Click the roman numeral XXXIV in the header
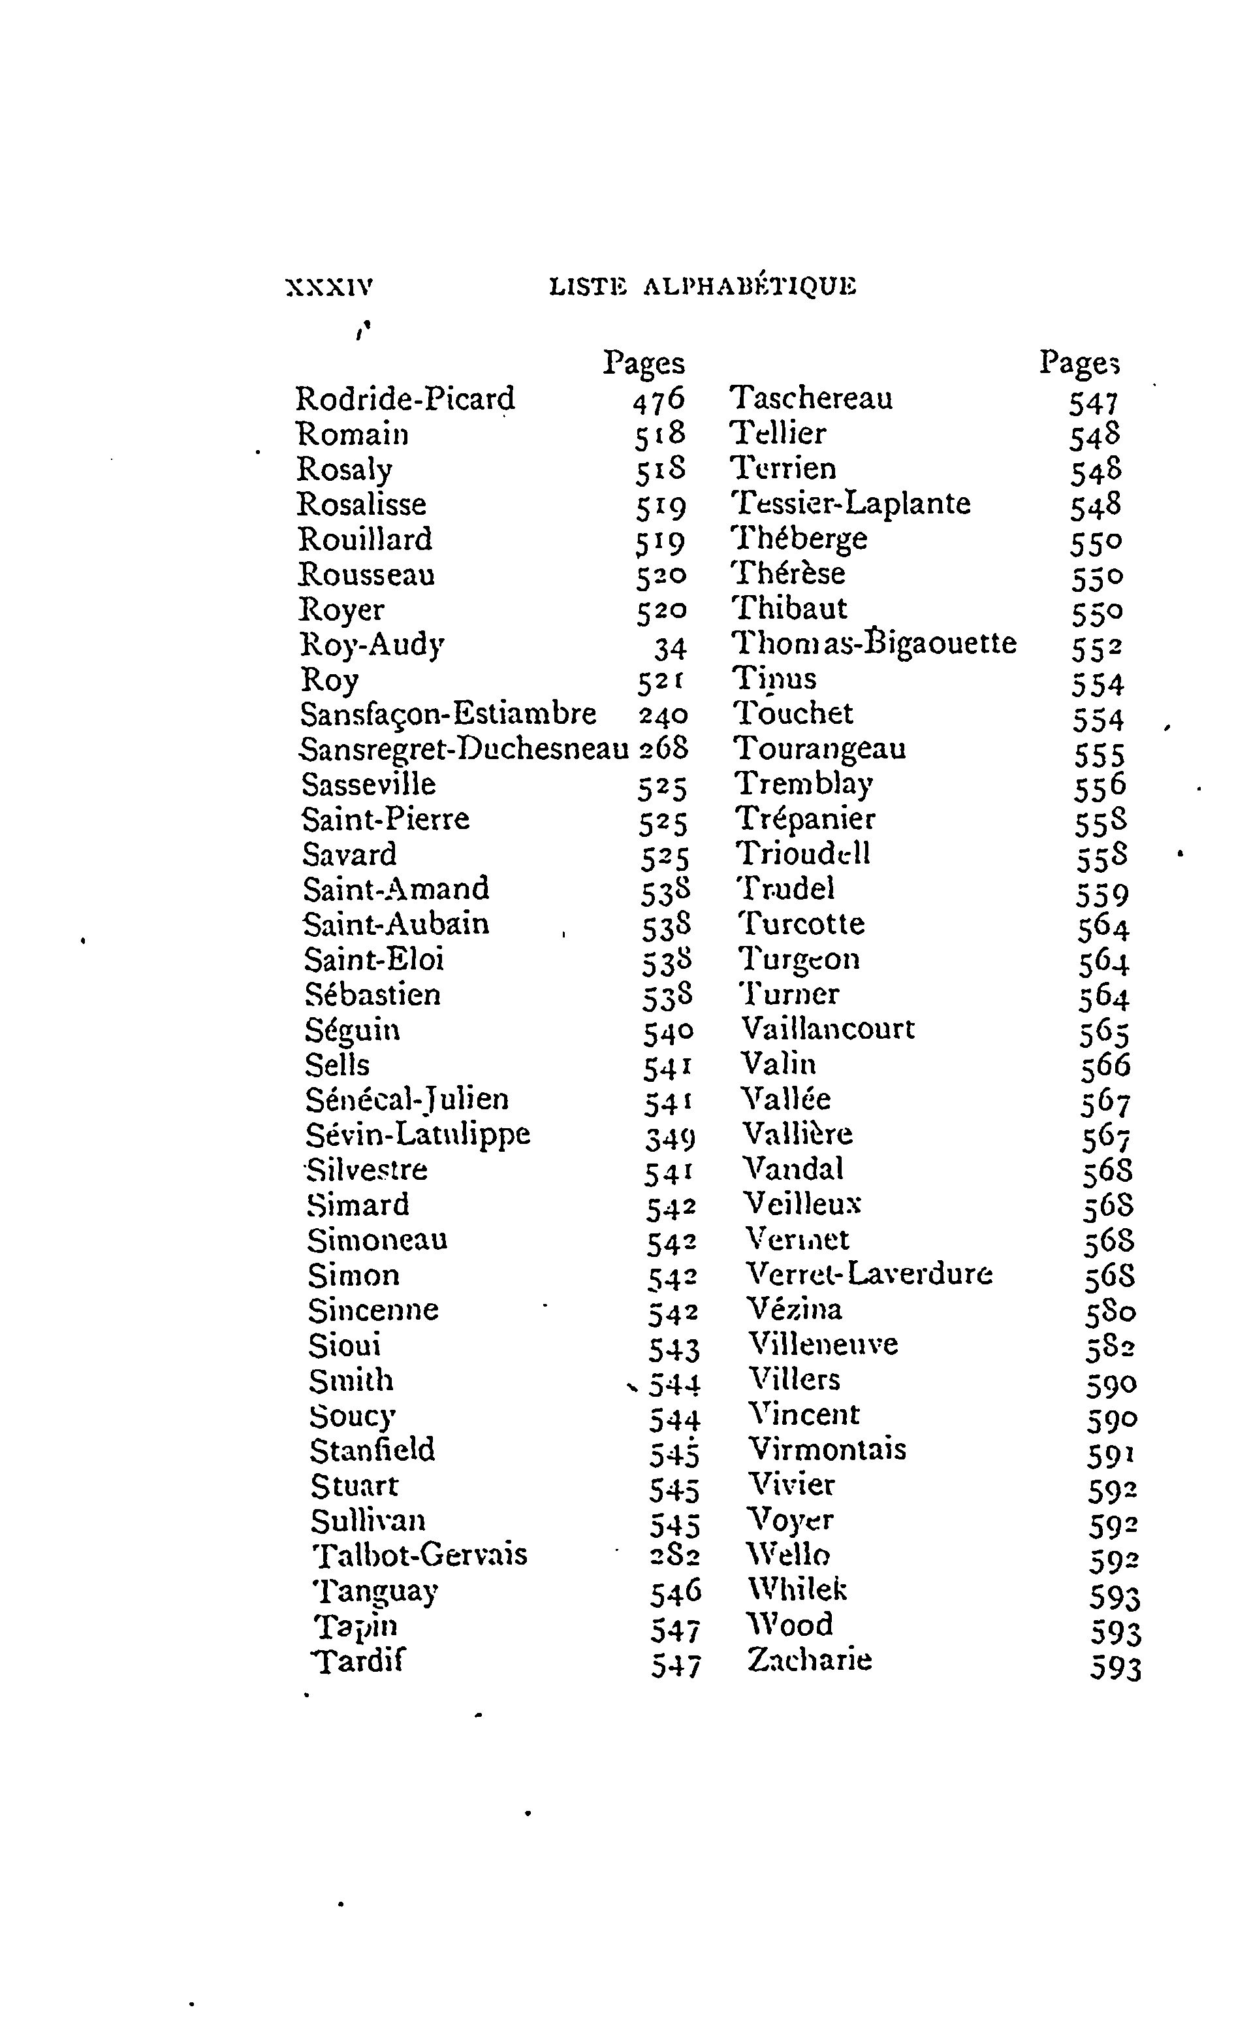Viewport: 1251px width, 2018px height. [328, 287]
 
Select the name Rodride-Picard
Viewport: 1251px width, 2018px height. [405, 399]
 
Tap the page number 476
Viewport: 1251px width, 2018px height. [659, 400]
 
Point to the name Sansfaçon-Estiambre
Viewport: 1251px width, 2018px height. [448, 713]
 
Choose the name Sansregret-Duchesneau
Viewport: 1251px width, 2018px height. [464, 749]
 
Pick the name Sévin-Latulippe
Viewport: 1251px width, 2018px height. [418, 1134]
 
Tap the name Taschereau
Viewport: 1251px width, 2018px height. [811, 398]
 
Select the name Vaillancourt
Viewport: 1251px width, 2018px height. [828, 1029]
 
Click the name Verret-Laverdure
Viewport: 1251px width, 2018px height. [869, 1274]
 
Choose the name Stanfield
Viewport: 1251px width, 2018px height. [372, 1450]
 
